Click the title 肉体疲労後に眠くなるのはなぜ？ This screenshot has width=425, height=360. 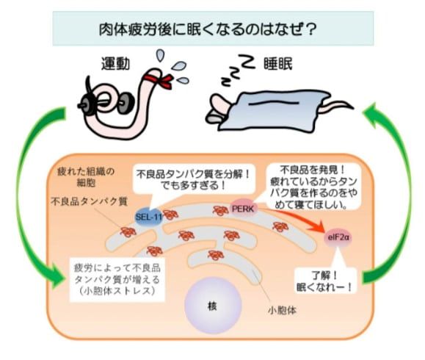212,32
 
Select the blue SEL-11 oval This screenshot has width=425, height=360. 148,217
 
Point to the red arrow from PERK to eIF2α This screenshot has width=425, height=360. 294,218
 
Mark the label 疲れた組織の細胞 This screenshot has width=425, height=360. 84,176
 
